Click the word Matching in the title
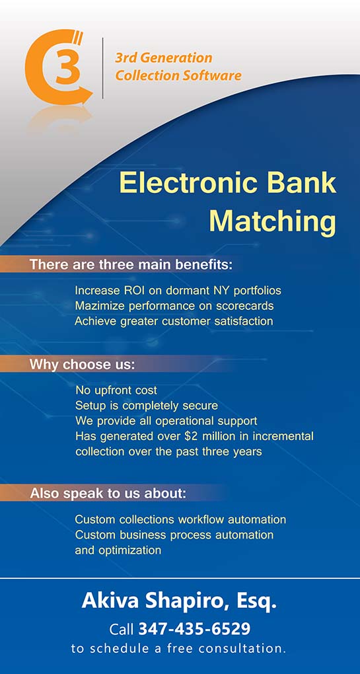pos(272,221)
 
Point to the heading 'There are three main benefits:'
pos(131,264)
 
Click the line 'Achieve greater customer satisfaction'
pos(174,321)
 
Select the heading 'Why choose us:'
pos(83,365)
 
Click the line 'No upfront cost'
pos(116,391)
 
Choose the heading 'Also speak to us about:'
pos(108,494)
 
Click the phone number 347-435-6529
pos(194,629)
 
